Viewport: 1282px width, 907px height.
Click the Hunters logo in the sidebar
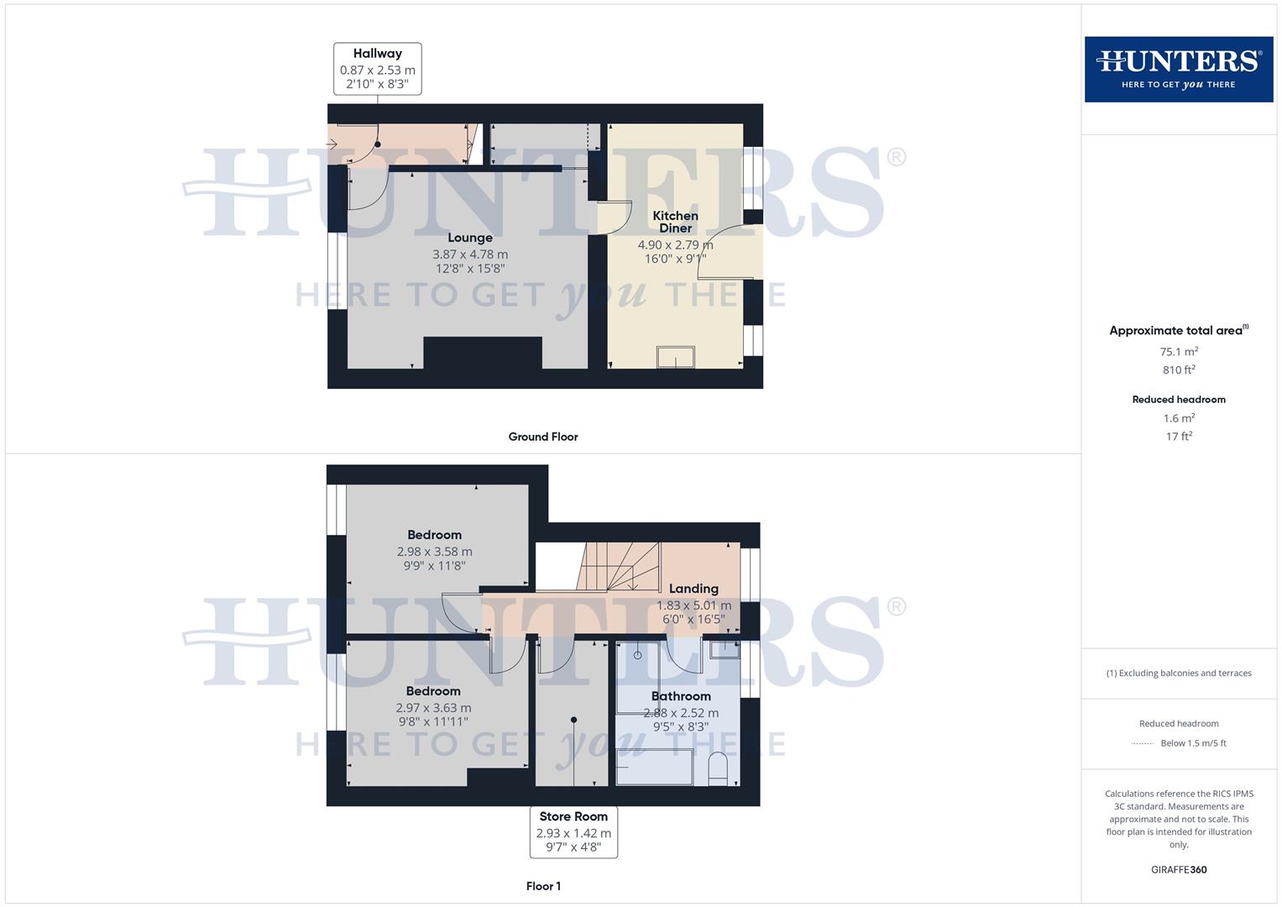(1178, 69)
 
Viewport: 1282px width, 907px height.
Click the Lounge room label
(469, 238)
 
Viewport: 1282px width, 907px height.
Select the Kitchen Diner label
(675, 222)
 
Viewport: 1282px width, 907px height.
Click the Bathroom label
(681, 696)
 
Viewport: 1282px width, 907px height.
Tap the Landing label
(693, 589)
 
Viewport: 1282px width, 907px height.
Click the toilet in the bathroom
(718, 769)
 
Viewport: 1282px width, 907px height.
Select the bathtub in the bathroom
(655, 768)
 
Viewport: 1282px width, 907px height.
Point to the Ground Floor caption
(543, 437)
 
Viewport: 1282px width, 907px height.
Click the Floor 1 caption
(543, 886)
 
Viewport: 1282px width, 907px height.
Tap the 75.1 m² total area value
(1179, 352)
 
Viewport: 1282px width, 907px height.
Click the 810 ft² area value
(1179, 370)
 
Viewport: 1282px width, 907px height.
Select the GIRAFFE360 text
(1179, 870)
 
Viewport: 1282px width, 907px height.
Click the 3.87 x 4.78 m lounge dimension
(470, 254)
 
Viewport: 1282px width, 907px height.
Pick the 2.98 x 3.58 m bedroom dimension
(434, 552)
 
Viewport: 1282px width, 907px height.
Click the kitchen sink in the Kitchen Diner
(676, 357)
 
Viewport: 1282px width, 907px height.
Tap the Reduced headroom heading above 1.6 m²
(1179, 400)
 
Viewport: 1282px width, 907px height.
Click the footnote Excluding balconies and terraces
(1179, 674)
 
